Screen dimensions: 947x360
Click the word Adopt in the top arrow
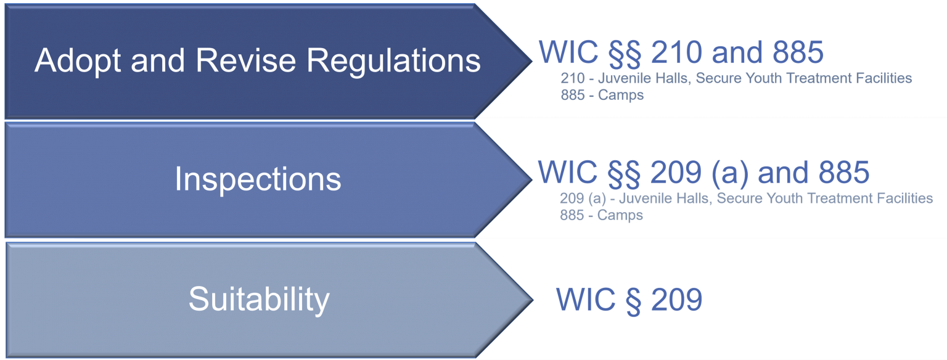[x=78, y=61]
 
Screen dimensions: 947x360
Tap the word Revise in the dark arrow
[x=245, y=60]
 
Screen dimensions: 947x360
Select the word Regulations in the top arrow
[x=393, y=61]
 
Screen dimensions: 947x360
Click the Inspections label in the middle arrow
[x=258, y=179]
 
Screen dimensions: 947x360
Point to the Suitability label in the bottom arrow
[x=259, y=300]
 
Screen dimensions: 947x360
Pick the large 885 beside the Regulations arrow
[x=798, y=52]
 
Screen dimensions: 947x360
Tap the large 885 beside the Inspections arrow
[x=844, y=173]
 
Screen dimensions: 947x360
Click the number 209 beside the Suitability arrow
[x=677, y=300]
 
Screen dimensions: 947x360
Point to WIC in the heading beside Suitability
[x=586, y=300]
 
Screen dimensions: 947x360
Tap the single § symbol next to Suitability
[x=633, y=301]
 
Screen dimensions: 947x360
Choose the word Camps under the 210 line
[x=621, y=96]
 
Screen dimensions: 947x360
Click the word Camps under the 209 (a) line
[x=620, y=216]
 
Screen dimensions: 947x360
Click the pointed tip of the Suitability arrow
[x=533, y=300]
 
